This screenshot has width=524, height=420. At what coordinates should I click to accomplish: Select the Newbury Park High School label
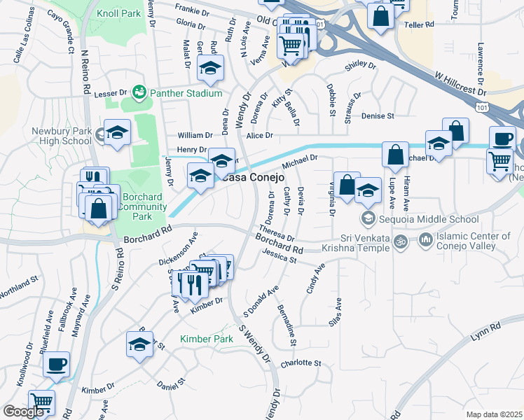[x=62, y=136]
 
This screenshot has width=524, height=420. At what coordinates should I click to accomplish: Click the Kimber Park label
[x=206, y=339]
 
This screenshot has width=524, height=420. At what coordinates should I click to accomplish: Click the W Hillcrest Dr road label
[x=460, y=83]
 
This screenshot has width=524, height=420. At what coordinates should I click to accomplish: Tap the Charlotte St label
[x=301, y=364]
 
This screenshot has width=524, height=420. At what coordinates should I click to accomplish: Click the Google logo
[x=22, y=412]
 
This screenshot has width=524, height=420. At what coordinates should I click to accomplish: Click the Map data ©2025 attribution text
[x=494, y=414]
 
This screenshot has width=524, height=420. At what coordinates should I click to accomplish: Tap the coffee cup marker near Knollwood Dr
[x=56, y=364]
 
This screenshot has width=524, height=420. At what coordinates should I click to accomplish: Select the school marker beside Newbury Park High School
[x=118, y=132]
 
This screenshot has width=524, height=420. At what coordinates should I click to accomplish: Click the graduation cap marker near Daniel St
[x=139, y=344]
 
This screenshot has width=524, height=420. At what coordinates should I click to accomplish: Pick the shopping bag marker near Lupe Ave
[x=395, y=153]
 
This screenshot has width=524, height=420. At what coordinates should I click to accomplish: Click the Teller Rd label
[x=420, y=24]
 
